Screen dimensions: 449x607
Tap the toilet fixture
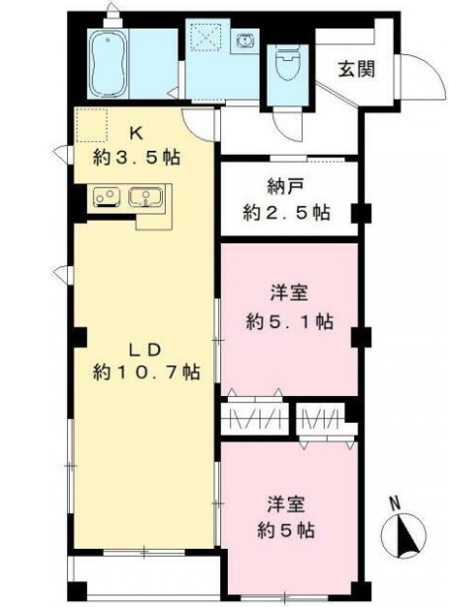[x=287, y=63]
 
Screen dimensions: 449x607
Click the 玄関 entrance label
[x=356, y=70]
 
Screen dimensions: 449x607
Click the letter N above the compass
[x=395, y=505]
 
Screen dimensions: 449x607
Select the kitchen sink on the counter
[x=145, y=196]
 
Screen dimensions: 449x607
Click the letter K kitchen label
[x=136, y=134]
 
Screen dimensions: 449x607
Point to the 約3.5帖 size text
[x=136, y=158]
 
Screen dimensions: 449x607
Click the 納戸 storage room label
[x=286, y=187]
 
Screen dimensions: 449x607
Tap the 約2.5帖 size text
[x=286, y=213]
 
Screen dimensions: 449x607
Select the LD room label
[x=144, y=350]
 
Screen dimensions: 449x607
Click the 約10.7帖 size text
[x=146, y=372]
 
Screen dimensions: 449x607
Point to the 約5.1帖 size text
[x=289, y=321]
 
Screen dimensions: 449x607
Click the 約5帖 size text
[x=286, y=530]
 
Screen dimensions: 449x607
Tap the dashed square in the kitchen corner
[x=91, y=125]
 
